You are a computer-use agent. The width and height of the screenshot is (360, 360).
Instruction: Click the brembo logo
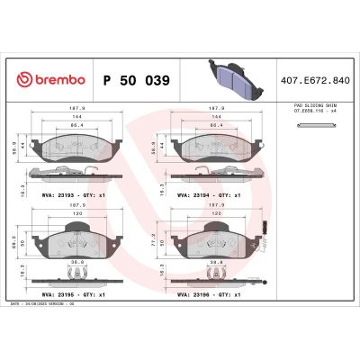[x=47, y=81]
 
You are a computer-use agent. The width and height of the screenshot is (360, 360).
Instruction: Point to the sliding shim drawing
[x=311, y=124]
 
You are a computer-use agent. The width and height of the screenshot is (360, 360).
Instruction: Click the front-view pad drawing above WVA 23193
[x=76, y=148]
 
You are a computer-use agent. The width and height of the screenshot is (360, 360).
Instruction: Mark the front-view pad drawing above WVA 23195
[x=76, y=243]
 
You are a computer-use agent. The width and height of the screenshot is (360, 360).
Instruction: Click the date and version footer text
[x=48, y=305]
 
